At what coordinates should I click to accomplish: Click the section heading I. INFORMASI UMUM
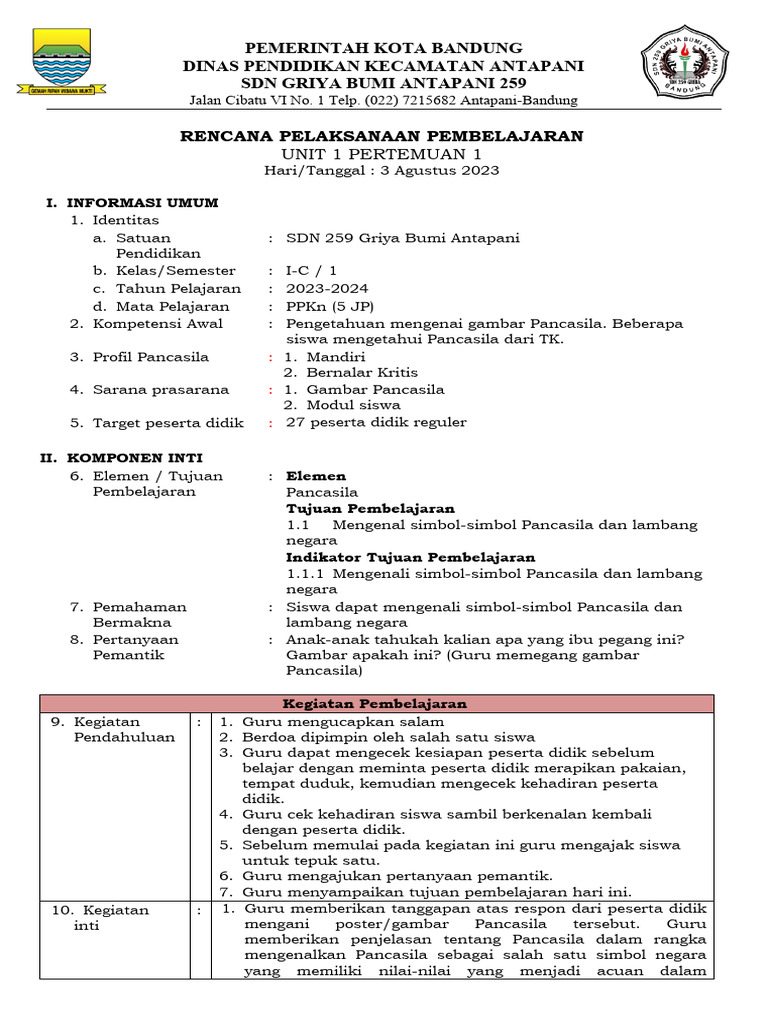[133, 203]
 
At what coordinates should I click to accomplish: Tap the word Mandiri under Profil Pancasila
[336, 357]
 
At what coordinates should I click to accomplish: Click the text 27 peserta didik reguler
[376, 422]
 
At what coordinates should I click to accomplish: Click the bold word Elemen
[316, 476]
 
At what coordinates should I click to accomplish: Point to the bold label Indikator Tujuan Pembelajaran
[410, 557]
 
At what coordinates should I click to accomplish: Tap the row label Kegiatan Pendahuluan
[124, 729]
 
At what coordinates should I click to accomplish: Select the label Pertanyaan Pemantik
[135, 647]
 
